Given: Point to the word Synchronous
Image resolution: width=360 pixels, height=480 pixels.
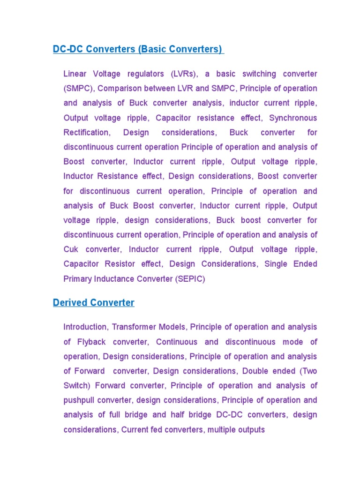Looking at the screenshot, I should (293, 118).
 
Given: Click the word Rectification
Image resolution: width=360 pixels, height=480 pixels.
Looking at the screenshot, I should (87, 133).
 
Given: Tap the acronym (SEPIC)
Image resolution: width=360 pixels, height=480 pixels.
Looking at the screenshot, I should (190, 279).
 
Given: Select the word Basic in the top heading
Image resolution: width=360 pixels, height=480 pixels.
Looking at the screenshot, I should (152, 49).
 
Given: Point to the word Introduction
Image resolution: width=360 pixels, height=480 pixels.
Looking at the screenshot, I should (85, 327).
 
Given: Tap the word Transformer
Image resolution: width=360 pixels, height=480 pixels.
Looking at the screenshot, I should (133, 327).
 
